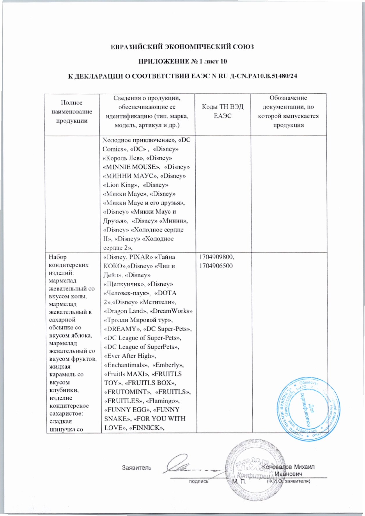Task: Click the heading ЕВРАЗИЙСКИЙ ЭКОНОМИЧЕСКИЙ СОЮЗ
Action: coord(182,47)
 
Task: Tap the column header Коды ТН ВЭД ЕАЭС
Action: coord(223,111)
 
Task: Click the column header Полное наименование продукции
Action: coord(72,112)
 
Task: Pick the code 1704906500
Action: coord(215,266)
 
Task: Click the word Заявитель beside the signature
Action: coord(137,468)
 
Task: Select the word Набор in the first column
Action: coord(58,257)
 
